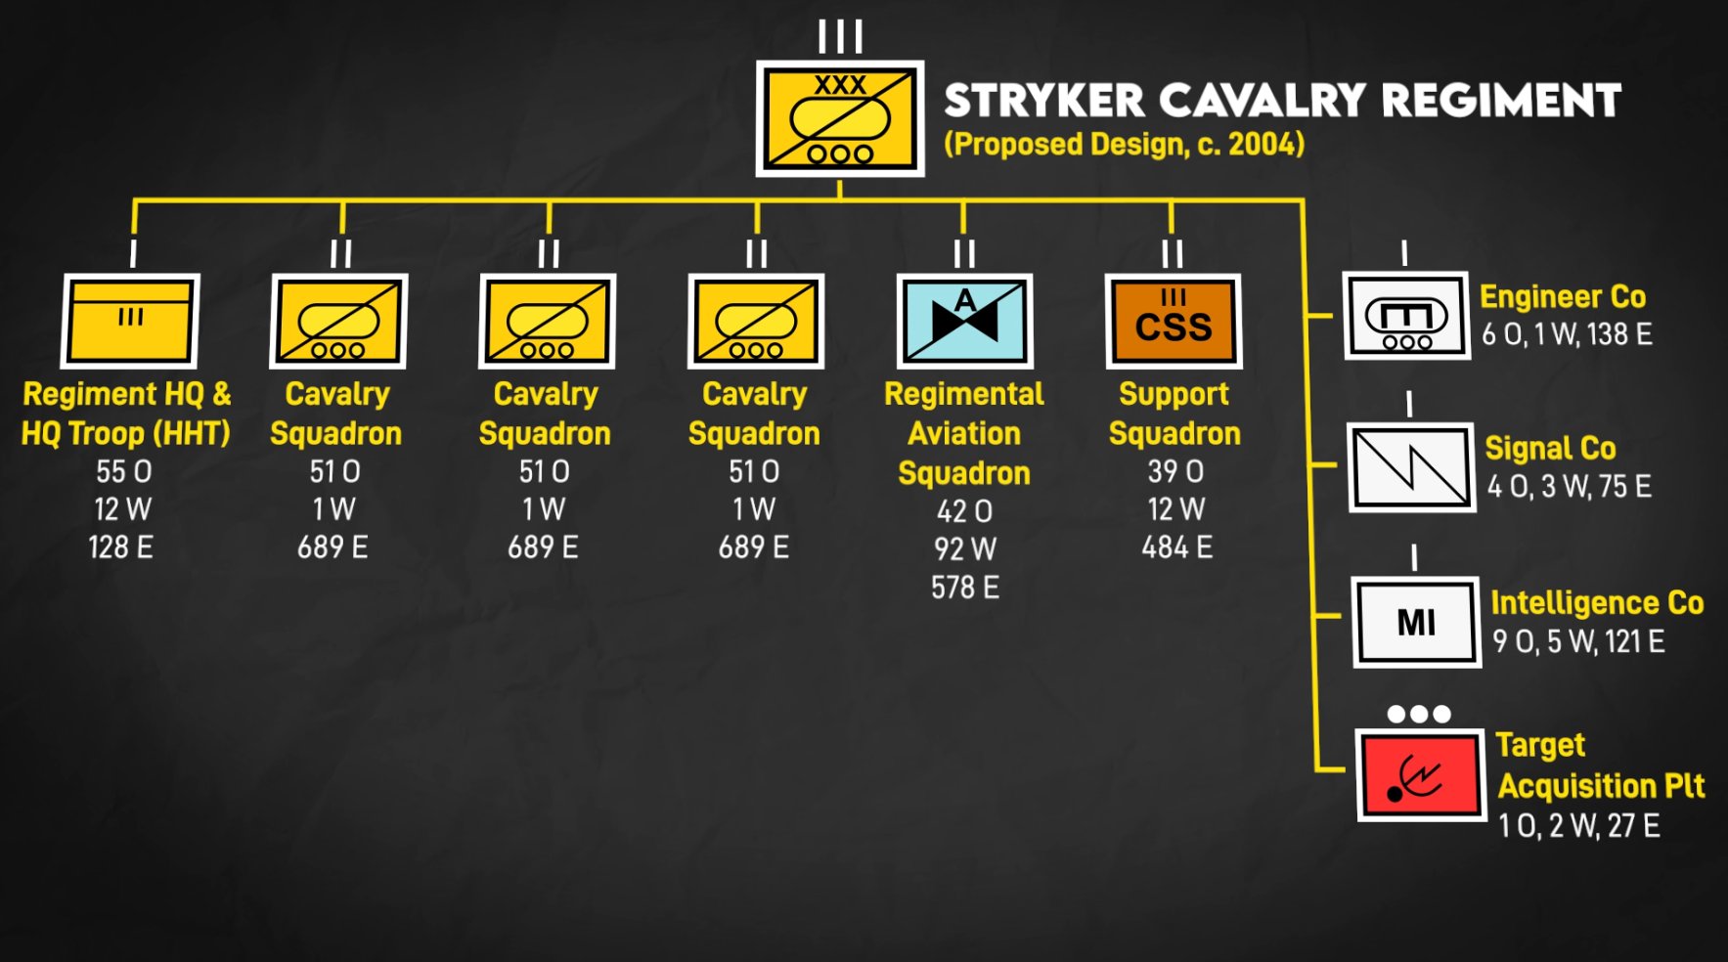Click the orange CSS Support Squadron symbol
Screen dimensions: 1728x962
click(x=1174, y=321)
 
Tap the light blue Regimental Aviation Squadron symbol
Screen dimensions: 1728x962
click(x=965, y=321)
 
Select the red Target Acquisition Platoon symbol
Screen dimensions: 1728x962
click(x=1421, y=774)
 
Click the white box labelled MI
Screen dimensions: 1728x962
click(x=1417, y=622)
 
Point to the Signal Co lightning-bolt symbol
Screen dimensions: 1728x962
click(x=1411, y=467)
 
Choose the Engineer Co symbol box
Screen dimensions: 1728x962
click(x=1406, y=315)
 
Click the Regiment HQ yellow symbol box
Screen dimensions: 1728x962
click(x=130, y=321)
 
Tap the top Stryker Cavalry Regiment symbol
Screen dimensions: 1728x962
click(x=840, y=118)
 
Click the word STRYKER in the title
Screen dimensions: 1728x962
click(x=1044, y=101)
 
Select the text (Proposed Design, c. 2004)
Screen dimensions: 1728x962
click(x=1125, y=145)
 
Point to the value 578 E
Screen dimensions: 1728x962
click(x=965, y=588)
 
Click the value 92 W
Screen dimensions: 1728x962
click(x=965, y=549)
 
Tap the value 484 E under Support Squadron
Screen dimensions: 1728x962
click(x=1177, y=547)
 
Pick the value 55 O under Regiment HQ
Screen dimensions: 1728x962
click(x=124, y=472)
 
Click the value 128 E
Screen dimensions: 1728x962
click(x=121, y=547)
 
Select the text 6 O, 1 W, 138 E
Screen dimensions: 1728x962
click(x=1567, y=334)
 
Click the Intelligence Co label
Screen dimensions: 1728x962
click(x=1597, y=603)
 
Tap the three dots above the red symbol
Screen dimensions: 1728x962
click(x=1419, y=714)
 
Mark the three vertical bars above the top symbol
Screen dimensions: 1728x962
click(x=840, y=37)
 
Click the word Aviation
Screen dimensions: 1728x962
click(x=964, y=434)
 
